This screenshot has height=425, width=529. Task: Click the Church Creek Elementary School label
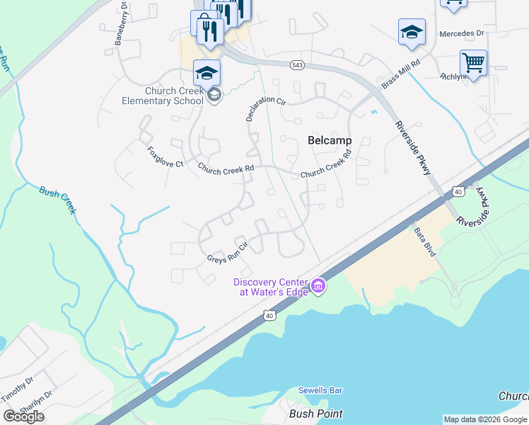coord(174,96)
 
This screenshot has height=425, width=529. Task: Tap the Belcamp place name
coord(330,140)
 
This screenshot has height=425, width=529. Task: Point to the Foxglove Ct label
coord(165,157)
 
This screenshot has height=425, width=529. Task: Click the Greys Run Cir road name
coord(226,253)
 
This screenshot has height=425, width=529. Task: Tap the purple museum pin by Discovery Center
coord(319,286)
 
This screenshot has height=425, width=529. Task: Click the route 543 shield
coord(297,65)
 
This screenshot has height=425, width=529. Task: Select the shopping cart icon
coord(472,62)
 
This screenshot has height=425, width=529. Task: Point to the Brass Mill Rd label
coord(400,72)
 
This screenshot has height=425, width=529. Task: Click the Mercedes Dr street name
coord(461,33)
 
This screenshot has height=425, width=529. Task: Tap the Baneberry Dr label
coord(120,23)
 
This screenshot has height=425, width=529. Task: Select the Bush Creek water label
coord(57,195)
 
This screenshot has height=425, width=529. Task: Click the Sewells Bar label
coord(320,390)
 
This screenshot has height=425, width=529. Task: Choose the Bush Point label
coord(316,413)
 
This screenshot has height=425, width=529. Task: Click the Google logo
coord(24,416)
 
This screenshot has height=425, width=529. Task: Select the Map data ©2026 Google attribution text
coord(485,419)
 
